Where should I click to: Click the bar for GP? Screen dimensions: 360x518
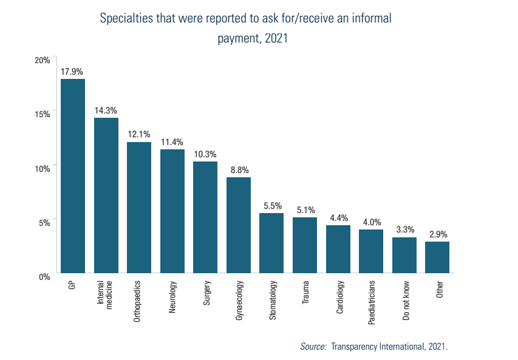[72, 176]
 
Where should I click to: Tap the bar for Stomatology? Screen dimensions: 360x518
[271, 243]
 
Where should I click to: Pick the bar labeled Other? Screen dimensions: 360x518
[437, 257]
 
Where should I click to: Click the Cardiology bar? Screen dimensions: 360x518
[338, 249]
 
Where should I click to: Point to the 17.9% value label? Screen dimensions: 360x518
[72, 72]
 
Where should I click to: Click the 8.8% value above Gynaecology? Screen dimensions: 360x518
[239, 170]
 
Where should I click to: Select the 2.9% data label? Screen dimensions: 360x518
[437, 234]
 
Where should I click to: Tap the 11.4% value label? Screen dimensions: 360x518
[172, 142]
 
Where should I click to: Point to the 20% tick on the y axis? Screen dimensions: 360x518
[42, 59]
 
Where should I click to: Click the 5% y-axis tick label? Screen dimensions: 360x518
[44, 222]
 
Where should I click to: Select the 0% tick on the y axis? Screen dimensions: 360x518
[44, 277]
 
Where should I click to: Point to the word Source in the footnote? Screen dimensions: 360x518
[313, 346]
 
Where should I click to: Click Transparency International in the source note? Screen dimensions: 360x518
[377, 346]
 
